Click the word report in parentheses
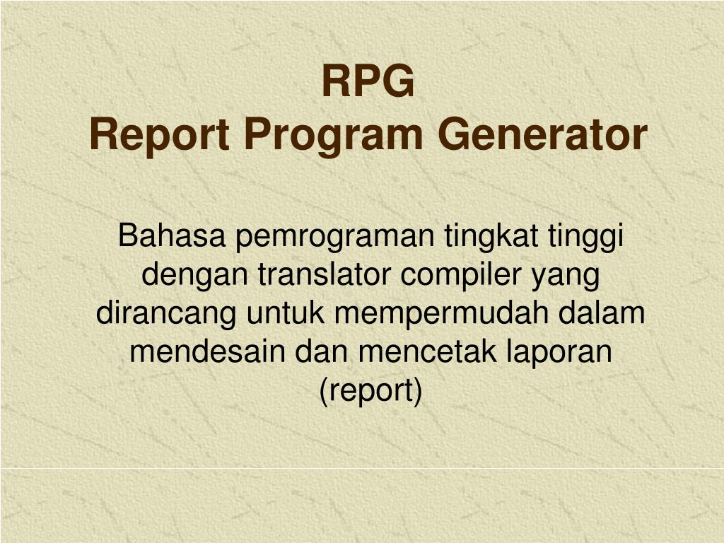click(370, 390)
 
